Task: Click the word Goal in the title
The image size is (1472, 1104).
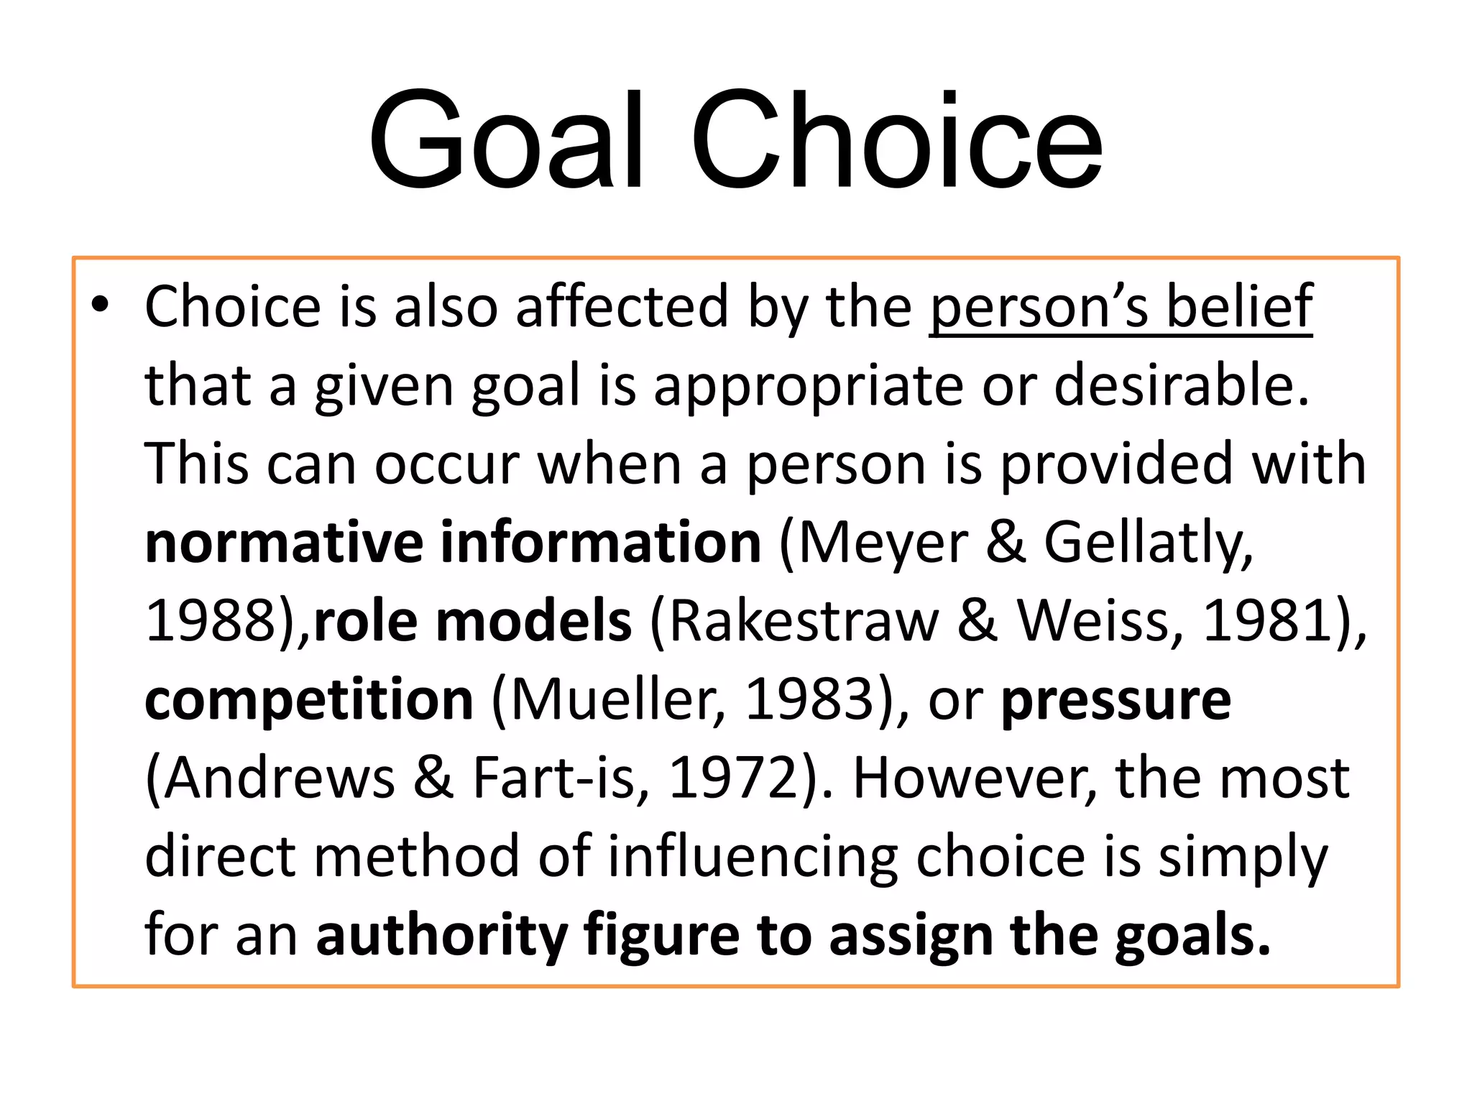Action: (506, 140)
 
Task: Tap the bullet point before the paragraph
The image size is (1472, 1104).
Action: (100, 306)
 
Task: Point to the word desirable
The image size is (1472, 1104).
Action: (1182, 385)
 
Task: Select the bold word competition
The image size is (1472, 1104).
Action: (309, 699)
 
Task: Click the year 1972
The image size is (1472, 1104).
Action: (733, 778)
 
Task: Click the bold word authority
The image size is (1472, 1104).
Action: (443, 935)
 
